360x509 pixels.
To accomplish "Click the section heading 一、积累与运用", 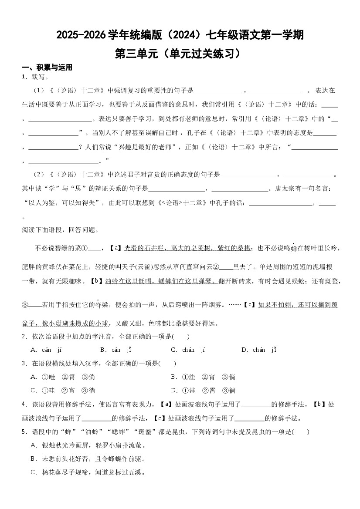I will [47, 67].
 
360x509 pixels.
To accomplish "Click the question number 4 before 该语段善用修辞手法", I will [24, 405].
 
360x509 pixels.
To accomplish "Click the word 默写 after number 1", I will [38, 78].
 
